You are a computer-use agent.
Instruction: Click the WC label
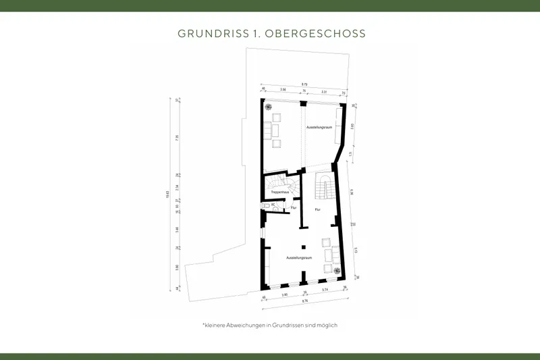[x=273, y=204]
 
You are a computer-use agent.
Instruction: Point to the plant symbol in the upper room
[x=269, y=107]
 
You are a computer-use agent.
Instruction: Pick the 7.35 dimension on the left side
[x=178, y=137]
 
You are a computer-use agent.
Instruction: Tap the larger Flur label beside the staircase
[x=317, y=210]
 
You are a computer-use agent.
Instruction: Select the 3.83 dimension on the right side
[x=352, y=125]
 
